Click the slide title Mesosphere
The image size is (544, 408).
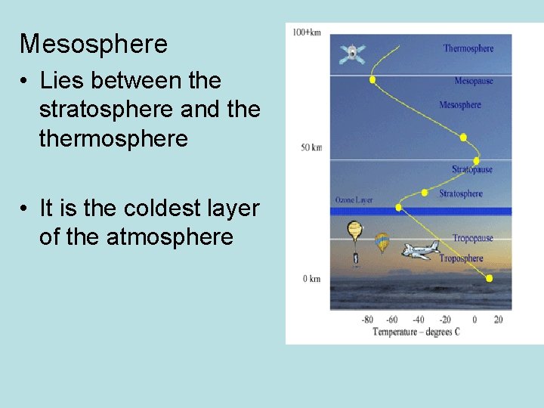click(94, 45)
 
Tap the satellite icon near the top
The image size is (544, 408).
click(352, 53)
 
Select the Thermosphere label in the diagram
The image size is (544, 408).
click(468, 48)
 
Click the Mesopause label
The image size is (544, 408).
click(473, 81)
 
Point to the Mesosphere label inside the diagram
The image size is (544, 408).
click(460, 105)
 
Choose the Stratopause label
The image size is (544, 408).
click(471, 169)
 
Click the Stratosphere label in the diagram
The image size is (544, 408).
click(461, 193)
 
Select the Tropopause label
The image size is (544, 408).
click(472, 238)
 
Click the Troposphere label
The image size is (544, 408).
click(461, 258)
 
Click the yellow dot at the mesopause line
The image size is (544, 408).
click(372, 79)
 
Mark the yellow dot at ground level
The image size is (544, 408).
click(489, 279)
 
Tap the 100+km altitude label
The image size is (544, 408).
click(307, 33)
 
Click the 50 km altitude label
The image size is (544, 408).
click(311, 147)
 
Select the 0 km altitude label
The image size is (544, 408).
click(312, 279)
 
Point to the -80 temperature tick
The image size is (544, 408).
click(367, 319)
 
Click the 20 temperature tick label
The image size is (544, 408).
click(498, 319)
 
